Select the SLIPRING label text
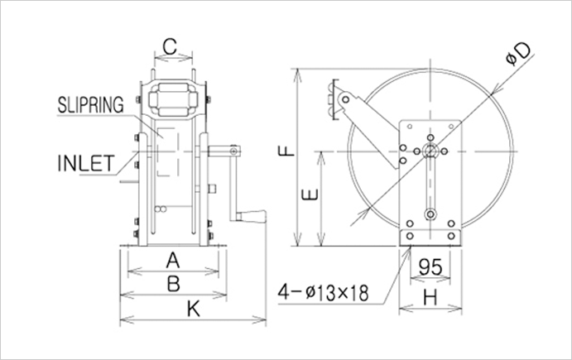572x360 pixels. [90, 105]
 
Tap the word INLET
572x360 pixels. [85, 161]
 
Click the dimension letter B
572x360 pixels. [172, 284]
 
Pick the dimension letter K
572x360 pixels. [194, 309]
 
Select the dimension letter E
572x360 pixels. [309, 196]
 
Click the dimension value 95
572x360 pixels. [429, 268]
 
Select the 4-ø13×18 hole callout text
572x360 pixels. [324, 292]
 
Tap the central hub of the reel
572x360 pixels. [429, 150]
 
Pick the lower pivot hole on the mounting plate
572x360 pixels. [429, 214]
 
